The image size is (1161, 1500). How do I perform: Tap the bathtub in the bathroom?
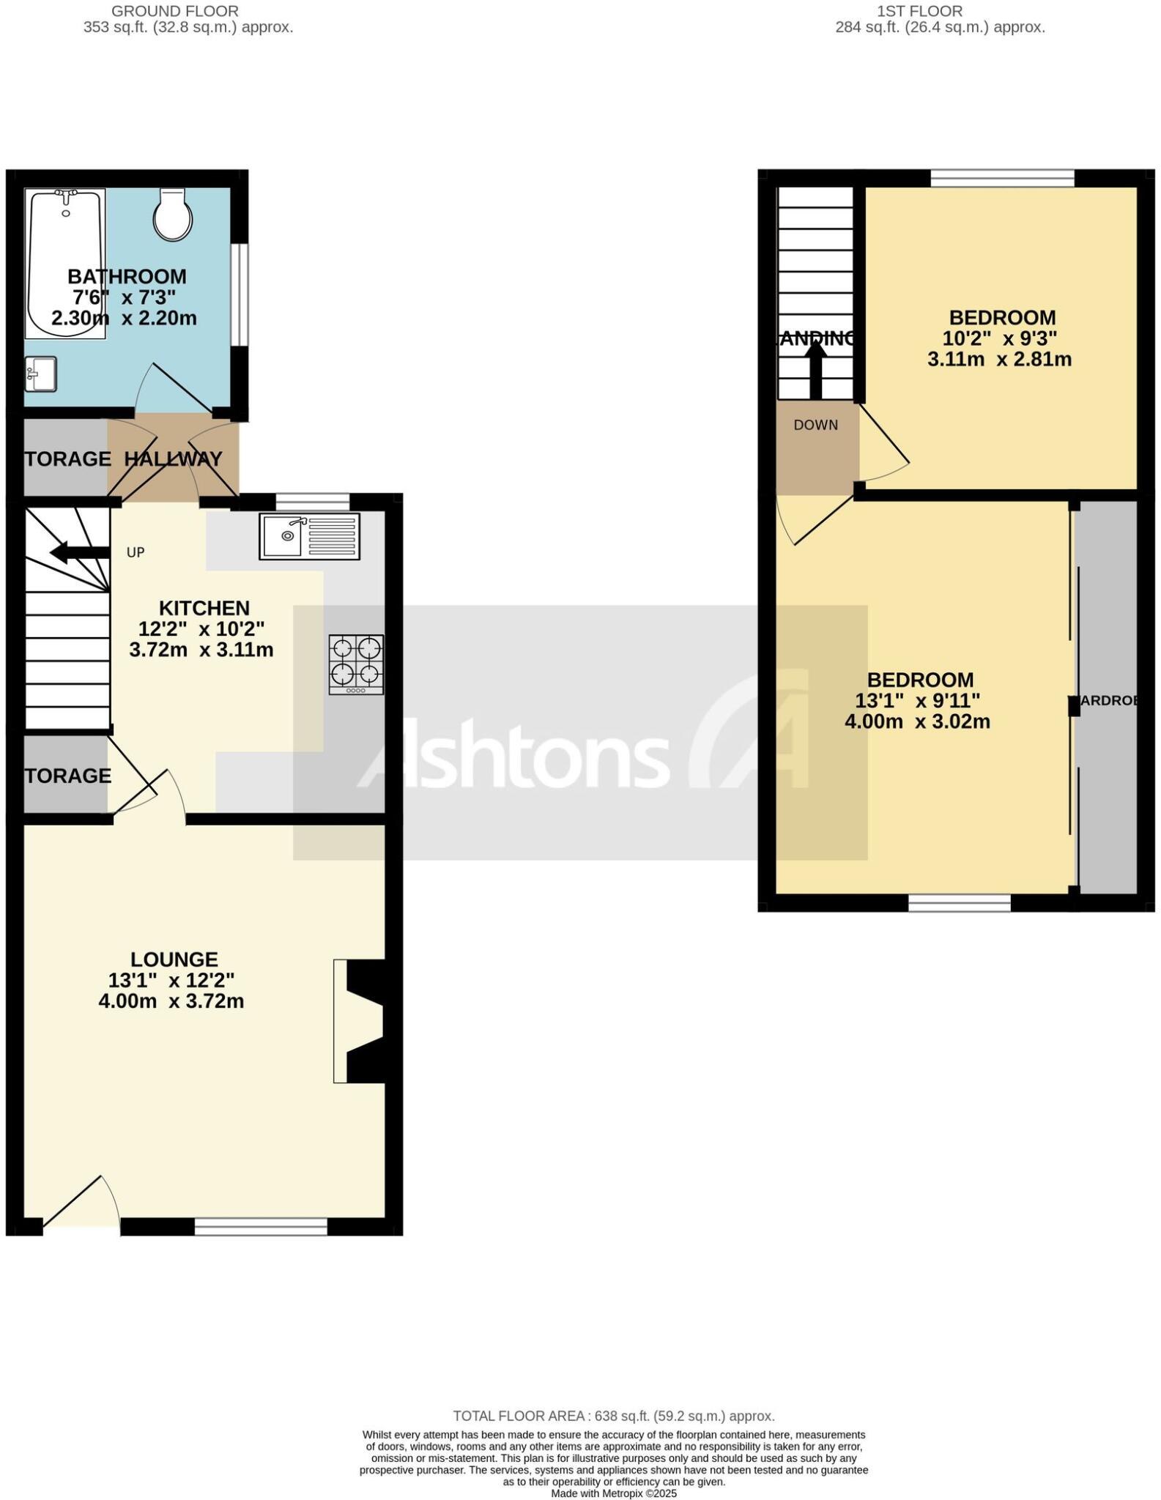(x=65, y=264)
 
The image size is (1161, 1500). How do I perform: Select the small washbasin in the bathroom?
(x=40, y=374)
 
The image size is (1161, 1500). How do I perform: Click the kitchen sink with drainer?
(x=309, y=537)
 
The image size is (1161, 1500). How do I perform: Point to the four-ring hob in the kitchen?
(x=356, y=664)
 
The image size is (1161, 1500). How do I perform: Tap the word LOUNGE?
(x=174, y=959)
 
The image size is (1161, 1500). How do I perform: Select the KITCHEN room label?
(x=204, y=608)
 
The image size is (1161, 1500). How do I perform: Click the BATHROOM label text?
(x=127, y=277)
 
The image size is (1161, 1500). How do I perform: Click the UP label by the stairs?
(x=136, y=553)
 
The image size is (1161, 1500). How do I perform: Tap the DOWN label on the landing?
(x=815, y=426)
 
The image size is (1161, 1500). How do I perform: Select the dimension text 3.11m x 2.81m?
(x=999, y=360)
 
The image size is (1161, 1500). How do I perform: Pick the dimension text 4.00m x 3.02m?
(x=917, y=721)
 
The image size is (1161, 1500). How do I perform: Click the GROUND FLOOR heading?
(x=175, y=11)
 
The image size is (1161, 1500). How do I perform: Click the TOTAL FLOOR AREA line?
(x=613, y=1416)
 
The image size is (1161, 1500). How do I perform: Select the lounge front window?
(x=261, y=1226)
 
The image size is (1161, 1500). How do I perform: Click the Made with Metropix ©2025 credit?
(x=613, y=1493)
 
